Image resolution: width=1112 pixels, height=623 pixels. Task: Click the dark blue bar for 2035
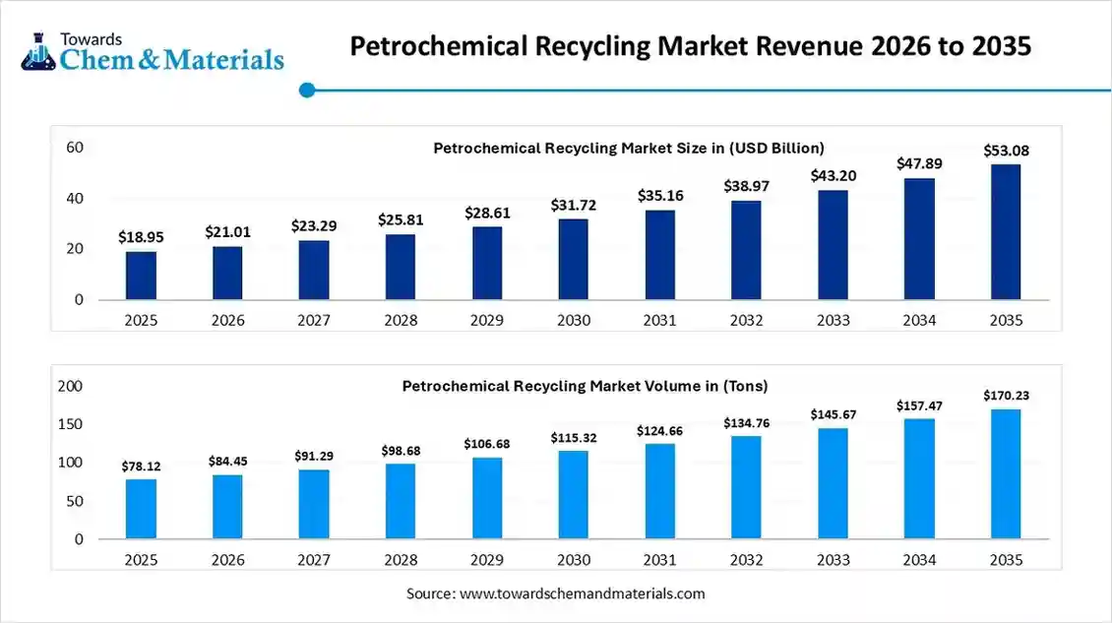1006,232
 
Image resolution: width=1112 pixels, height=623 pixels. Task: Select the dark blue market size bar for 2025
141,276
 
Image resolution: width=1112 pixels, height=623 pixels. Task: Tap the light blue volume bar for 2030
574,495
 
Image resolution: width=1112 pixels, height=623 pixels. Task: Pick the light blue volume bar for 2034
919,479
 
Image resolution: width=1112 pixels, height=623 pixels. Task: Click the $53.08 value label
1006,151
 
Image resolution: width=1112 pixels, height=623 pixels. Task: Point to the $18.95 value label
141,237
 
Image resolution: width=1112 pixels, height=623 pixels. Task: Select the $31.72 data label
574,205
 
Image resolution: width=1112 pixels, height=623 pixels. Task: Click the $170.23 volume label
1006,396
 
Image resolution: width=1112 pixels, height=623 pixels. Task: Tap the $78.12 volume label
141,466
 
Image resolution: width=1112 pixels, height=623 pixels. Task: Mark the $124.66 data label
659,430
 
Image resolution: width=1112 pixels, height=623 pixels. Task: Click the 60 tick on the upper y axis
75,148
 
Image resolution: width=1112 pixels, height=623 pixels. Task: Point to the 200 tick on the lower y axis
71,387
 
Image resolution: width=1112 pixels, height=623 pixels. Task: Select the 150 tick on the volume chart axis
71,424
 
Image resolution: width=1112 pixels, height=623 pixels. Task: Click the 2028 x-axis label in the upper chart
401,320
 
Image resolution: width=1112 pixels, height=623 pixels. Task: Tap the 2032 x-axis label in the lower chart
746,560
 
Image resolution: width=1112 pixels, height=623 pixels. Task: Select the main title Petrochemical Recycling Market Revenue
691,47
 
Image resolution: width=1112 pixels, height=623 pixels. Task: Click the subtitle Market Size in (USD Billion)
629,148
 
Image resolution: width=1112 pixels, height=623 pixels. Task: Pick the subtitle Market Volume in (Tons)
585,386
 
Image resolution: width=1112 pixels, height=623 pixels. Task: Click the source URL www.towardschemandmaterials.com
583,593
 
